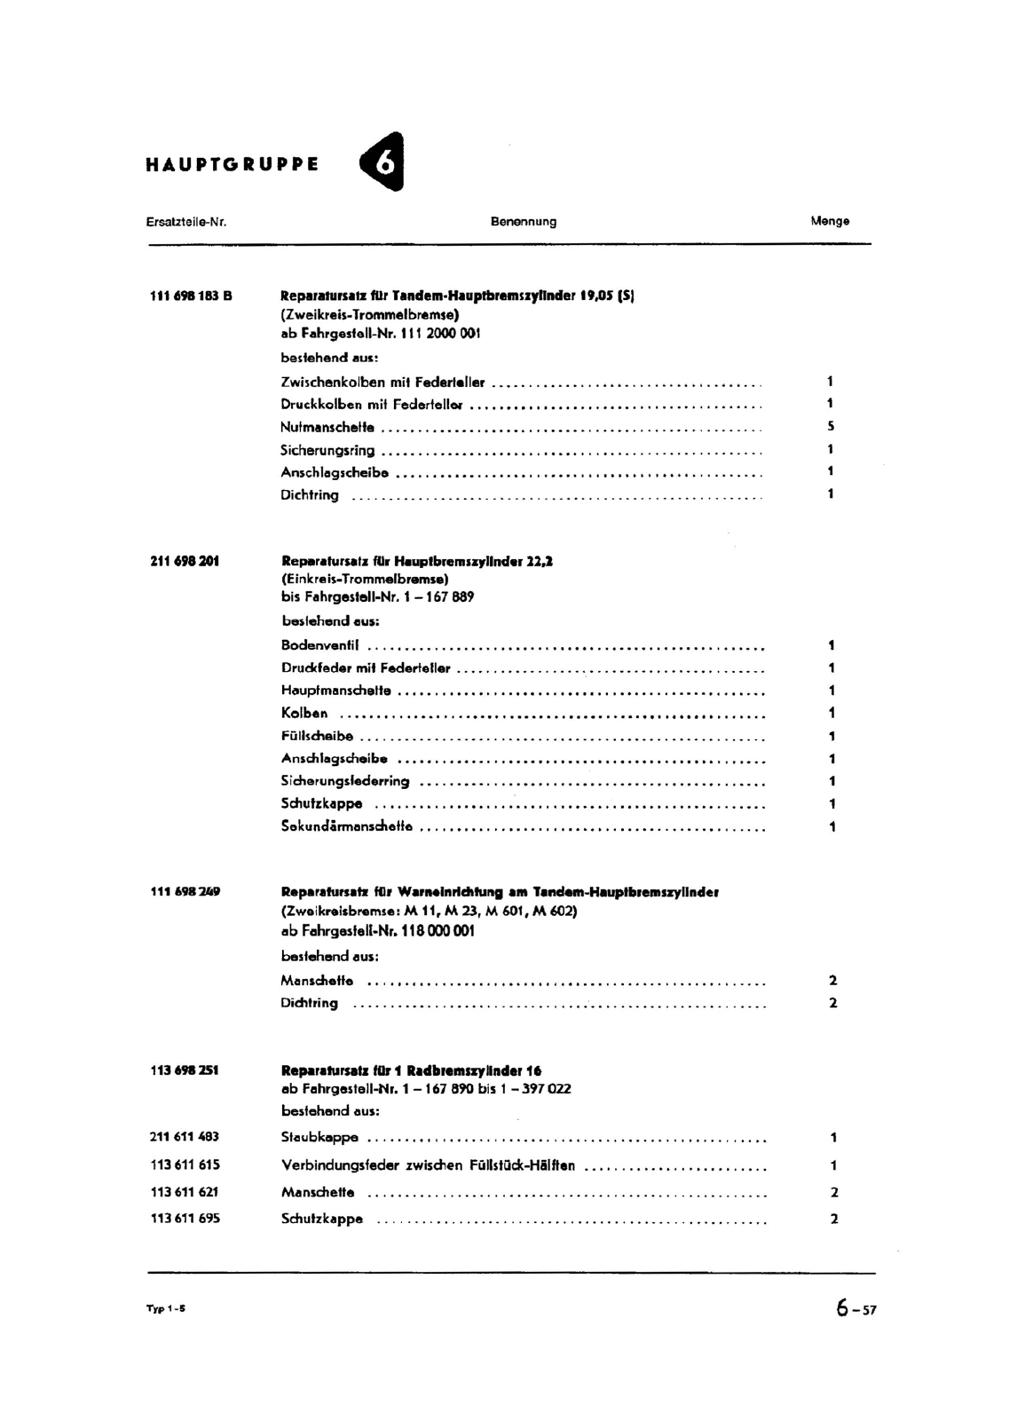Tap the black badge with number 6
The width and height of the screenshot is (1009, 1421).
pos(383,162)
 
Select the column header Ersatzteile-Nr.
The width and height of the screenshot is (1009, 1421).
pos(186,222)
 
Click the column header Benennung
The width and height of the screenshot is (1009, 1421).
pos(524,222)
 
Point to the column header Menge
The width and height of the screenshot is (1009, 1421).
pos(830,222)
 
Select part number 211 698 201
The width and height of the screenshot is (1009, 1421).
pos(185,561)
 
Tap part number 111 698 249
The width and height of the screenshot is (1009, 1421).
pos(185,891)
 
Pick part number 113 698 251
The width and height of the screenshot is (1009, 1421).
pos(185,1070)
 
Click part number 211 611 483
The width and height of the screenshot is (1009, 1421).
pos(185,1137)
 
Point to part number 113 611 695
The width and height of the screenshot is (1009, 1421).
pos(185,1219)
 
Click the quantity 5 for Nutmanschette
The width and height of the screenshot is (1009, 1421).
pos(831,427)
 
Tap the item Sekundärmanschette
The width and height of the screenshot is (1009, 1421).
pos(347,826)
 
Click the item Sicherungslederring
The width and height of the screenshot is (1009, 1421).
pos(345,781)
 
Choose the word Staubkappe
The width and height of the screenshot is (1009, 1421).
pos(319,1137)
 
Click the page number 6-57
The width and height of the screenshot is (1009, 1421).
pos(855,1308)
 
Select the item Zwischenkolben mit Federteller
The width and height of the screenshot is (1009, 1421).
pos(382,383)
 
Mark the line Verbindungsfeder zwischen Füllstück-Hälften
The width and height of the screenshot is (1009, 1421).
pos(428,1165)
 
